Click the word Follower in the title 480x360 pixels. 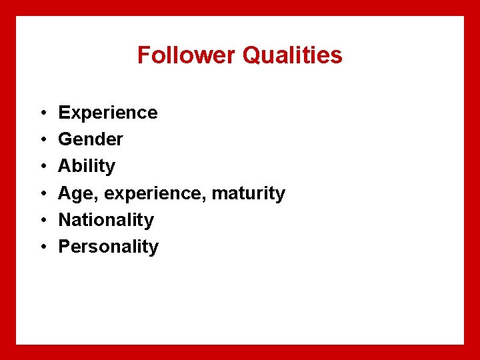click(x=187, y=55)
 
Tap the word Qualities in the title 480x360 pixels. click(x=293, y=55)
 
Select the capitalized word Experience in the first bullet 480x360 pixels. click(x=108, y=113)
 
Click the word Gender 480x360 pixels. click(x=91, y=139)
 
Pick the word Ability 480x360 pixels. click(x=87, y=166)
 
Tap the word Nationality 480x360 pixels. click(x=106, y=220)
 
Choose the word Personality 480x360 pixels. click(x=109, y=247)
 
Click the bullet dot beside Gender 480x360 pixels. click(x=41, y=140)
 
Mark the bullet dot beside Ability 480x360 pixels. click(x=41, y=167)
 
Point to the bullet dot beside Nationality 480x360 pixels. click(x=41, y=221)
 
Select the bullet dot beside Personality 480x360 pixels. click(x=41, y=247)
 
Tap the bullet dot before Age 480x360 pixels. click(x=41, y=194)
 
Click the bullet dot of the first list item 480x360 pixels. click(x=41, y=113)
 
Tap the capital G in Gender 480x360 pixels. click(x=65, y=139)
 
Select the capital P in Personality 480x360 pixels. click(x=65, y=247)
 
